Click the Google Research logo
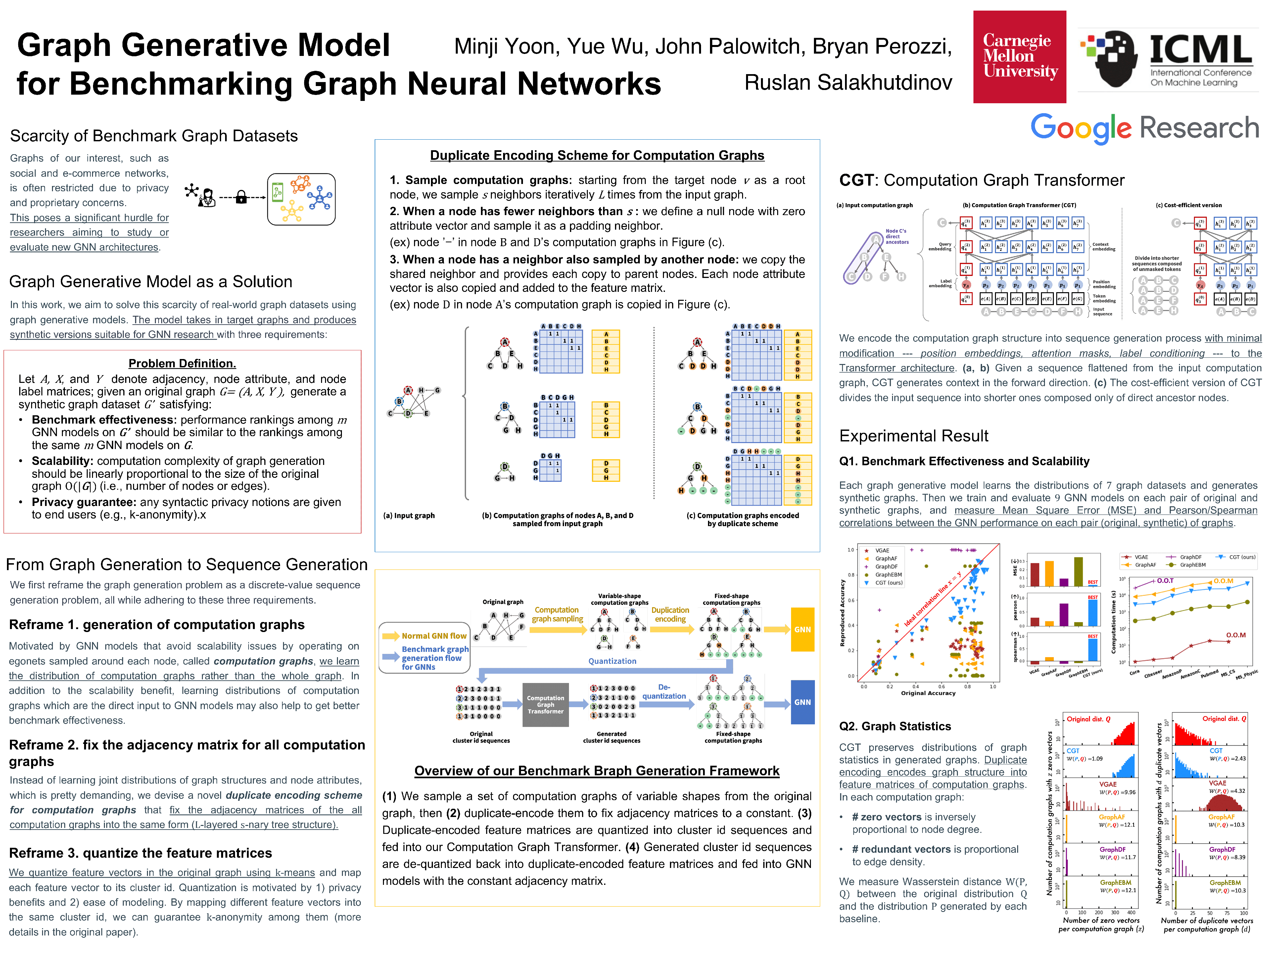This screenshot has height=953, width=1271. [1144, 127]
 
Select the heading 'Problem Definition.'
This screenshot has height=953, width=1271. [182, 363]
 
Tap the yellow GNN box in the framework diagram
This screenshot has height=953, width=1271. [802, 630]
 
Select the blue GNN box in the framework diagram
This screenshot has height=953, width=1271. [802, 702]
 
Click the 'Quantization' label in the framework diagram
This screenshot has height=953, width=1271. [612, 661]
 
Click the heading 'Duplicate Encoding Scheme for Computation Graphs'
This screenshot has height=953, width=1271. [597, 155]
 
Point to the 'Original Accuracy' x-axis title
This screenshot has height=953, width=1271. [928, 693]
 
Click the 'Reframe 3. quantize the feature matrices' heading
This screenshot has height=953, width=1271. [140, 853]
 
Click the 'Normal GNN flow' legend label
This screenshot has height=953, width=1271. [434, 636]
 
